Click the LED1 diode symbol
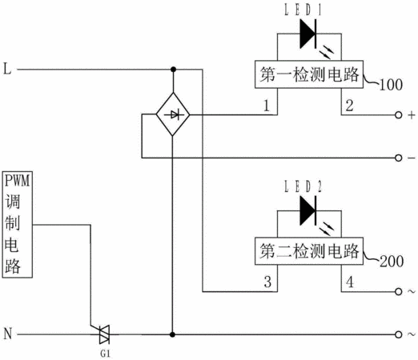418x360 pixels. point(308,34)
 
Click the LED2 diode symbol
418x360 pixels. point(308,210)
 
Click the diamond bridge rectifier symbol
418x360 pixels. point(173,114)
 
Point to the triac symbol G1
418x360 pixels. point(104,334)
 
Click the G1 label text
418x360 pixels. point(105,354)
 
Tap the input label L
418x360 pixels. point(7,69)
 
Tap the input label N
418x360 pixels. point(8,334)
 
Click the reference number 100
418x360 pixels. point(391,85)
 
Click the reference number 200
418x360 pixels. point(392,261)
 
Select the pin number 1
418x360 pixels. point(266,106)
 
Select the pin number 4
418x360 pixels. point(350,282)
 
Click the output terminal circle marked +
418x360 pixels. point(398,115)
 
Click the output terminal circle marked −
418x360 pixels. point(398,158)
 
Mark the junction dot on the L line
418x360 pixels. point(173,70)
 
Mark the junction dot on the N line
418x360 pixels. point(172,334)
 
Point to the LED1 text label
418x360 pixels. point(303,10)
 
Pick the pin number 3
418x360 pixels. point(267,282)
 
